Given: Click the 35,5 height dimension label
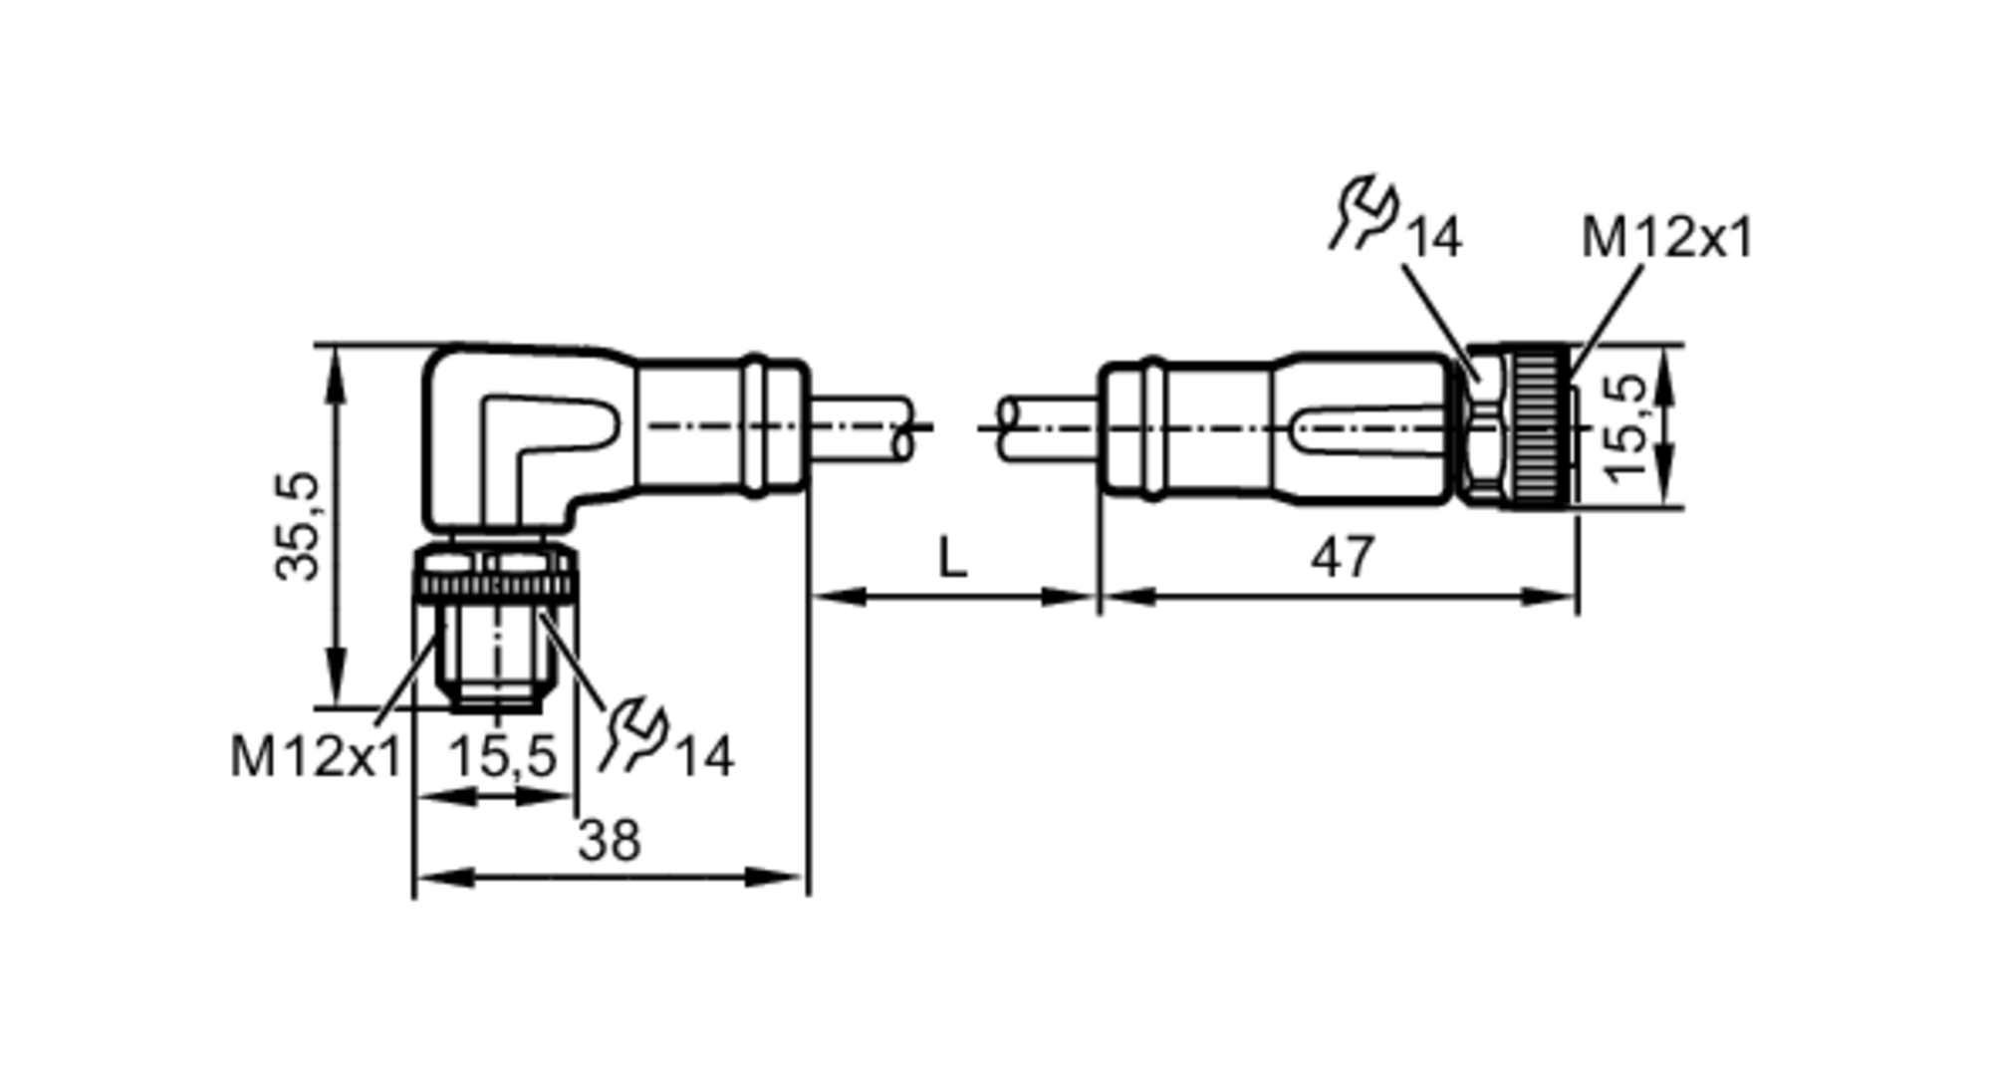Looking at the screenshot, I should pyautogui.click(x=298, y=525).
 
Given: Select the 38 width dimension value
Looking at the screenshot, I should pyautogui.click(x=610, y=841).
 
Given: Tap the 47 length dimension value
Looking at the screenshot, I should pyautogui.click(x=1342, y=557).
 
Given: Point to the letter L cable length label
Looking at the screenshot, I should pyautogui.click(x=952, y=559).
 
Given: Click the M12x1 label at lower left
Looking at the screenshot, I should pyautogui.click(x=315, y=756).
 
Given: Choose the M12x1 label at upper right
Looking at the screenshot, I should pyautogui.click(x=1666, y=237).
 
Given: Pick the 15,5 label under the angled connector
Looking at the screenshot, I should pyautogui.click(x=502, y=756).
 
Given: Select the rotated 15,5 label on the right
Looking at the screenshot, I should pyautogui.click(x=1625, y=426).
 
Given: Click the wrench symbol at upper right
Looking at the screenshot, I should pyautogui.click(x=1365, y=211).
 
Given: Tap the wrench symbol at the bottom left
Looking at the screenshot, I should pyautogui.click(x=633, y=735).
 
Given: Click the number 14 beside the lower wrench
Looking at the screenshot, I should pyautogui.click(x=704, y=757).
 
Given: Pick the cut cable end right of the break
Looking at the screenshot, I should pyautogui.click(x=1009, y=428).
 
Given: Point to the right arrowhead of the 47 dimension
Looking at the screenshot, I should pyautogui.click(x=1559, y=597).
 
